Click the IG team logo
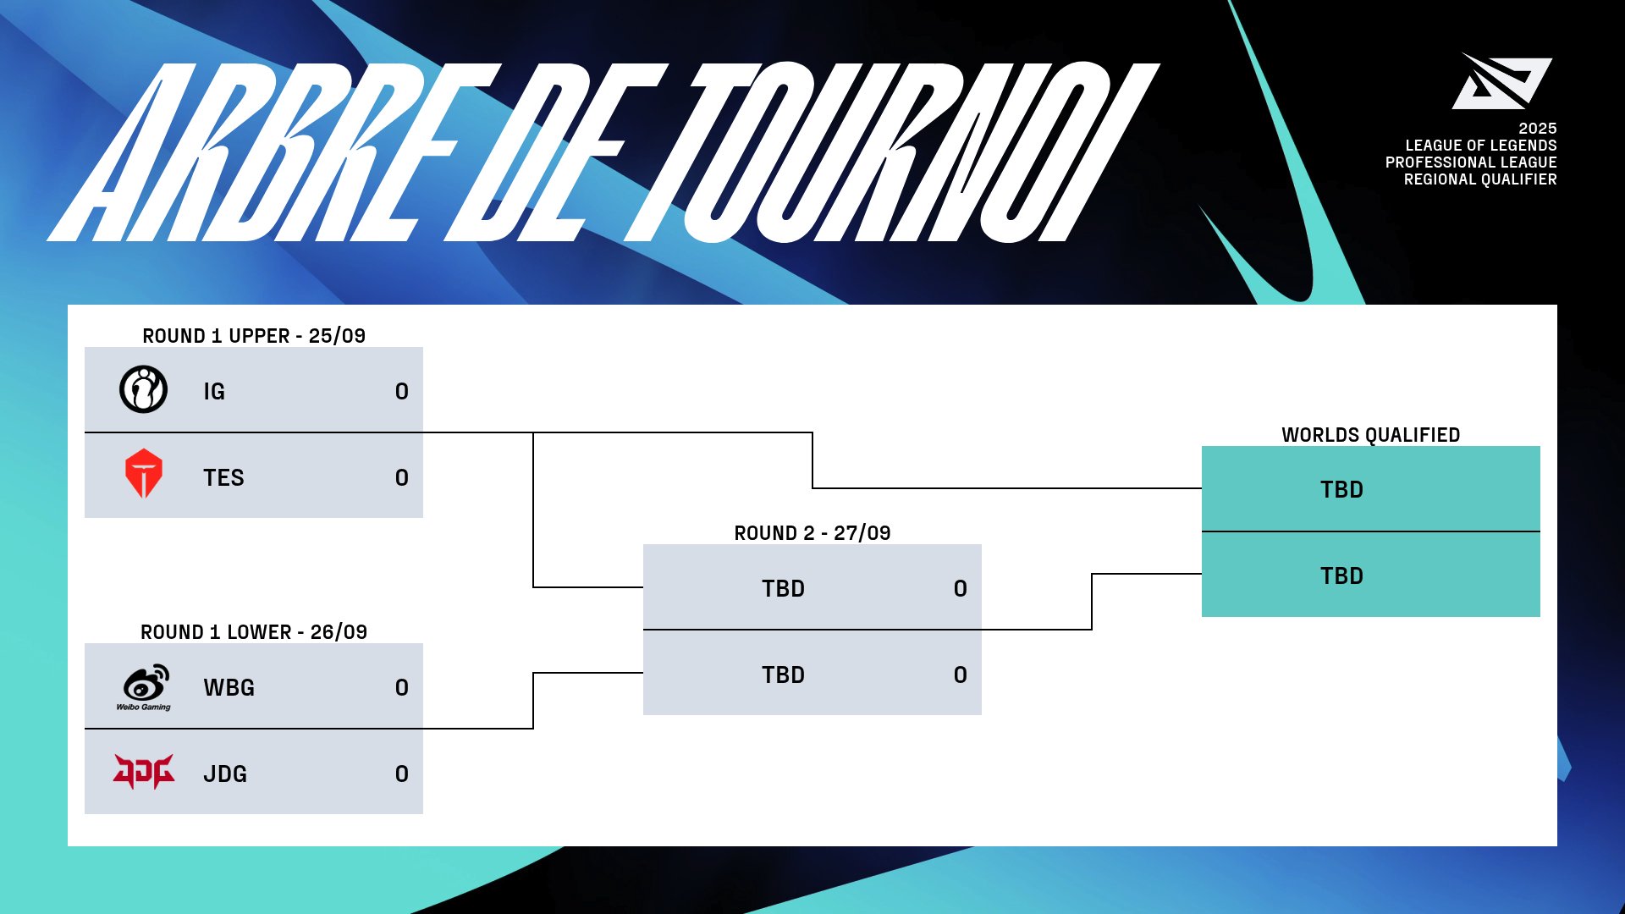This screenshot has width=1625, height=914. (x=143, y=389)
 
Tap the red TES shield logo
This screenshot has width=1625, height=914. (x=143, y=473)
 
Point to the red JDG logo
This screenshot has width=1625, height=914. (x=143, y=772)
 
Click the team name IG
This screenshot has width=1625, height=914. (x=214, y=392)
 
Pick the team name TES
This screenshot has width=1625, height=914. (x=223, y=478)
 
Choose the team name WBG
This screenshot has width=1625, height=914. (x=229, y=688)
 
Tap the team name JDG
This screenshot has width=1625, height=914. (x=225, y=774)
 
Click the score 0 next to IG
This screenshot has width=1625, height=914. (x=401, y=392)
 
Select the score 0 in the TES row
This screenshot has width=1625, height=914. (x=401, y=478)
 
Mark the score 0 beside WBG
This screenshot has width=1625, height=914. (x=401, y=688)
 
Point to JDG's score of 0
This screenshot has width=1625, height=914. (x=401, y=774)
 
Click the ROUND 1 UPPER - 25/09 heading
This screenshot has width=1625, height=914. (x=254, y=336)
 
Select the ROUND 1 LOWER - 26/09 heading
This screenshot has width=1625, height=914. (x=254, y=632)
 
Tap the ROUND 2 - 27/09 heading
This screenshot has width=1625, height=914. (x=812, y=533)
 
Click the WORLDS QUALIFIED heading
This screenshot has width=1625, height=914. (x=1370, y=435)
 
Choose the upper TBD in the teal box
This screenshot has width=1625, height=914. (x=1341, y=490)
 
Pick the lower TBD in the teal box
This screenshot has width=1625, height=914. (x=1341, y=576)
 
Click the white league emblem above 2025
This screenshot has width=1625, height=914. (x=1501, y=82)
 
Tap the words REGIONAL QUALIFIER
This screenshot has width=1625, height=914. (x=1479, y=179)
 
